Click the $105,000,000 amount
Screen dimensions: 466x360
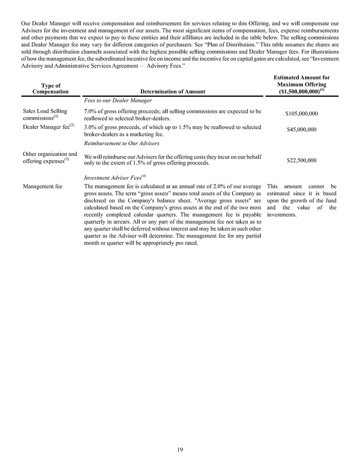[301, 114]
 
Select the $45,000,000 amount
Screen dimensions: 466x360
[301, 130]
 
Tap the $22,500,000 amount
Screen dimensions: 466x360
[301, 160]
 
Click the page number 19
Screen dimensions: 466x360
[180, 449]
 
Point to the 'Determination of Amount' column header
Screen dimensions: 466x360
[173, 91]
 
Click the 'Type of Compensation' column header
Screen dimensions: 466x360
[50, 88]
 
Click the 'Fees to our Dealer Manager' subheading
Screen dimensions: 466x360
[118, 101]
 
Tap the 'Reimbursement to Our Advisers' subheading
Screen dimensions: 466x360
[122, 143]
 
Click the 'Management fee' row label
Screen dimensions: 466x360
[42, 186]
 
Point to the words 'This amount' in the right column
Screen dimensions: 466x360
[287, 186]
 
